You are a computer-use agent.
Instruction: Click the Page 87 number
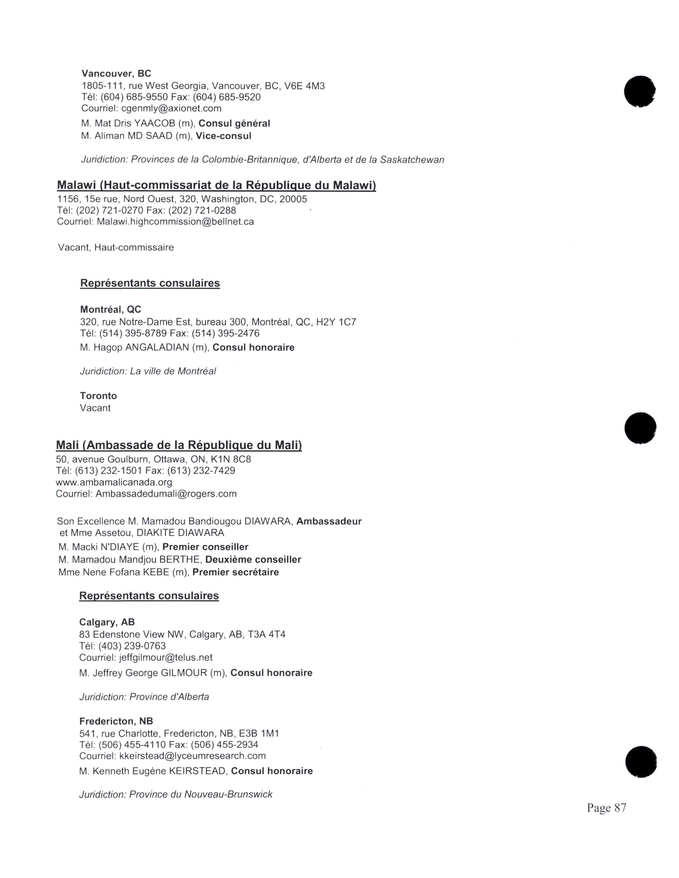tap(606, 808)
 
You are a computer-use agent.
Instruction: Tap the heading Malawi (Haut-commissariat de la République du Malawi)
tap(216, 185)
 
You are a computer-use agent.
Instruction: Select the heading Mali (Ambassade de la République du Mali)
tap(179, 445)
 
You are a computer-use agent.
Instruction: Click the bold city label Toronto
tap(99, 396)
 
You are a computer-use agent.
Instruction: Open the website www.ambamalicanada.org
tap(114, 482)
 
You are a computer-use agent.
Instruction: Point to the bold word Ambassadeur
tap(329, 521)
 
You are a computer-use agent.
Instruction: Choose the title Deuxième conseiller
tap(253, 560)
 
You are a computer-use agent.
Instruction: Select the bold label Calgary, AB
tap(107, 622)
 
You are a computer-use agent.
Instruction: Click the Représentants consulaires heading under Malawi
tap(150, 283)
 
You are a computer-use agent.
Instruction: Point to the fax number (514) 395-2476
tap(225, 334)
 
